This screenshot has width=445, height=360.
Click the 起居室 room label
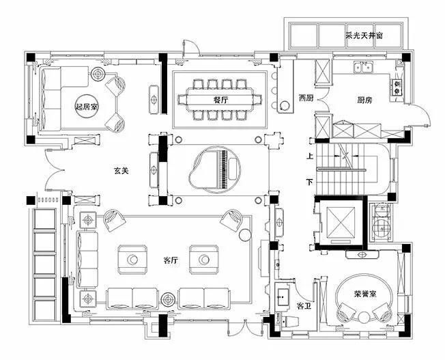click(87, 107)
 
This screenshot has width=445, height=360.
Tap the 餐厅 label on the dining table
click(220, 100)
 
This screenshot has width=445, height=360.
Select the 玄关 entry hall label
click(121, 171)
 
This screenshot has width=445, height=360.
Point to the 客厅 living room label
click(171, 260)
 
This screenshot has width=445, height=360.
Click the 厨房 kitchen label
click(365, 100)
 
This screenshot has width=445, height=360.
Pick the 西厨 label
click(306, 98)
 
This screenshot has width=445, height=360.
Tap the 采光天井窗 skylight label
click(364, 36)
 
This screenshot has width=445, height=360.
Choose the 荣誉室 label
click(365, 294)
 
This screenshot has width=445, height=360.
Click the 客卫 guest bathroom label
click(304, 306)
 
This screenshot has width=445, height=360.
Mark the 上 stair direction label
click(310, 156)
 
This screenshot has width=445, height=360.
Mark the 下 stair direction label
click(310, 182)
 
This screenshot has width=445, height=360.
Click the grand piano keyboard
click(224, 169)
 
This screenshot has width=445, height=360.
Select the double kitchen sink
click(363, 68)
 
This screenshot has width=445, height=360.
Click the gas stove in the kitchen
click(397, 87)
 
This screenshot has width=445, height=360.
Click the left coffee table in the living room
click(132, 259)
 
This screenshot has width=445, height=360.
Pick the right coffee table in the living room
click(204, 259)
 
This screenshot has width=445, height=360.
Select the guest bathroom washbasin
click(283, 297)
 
